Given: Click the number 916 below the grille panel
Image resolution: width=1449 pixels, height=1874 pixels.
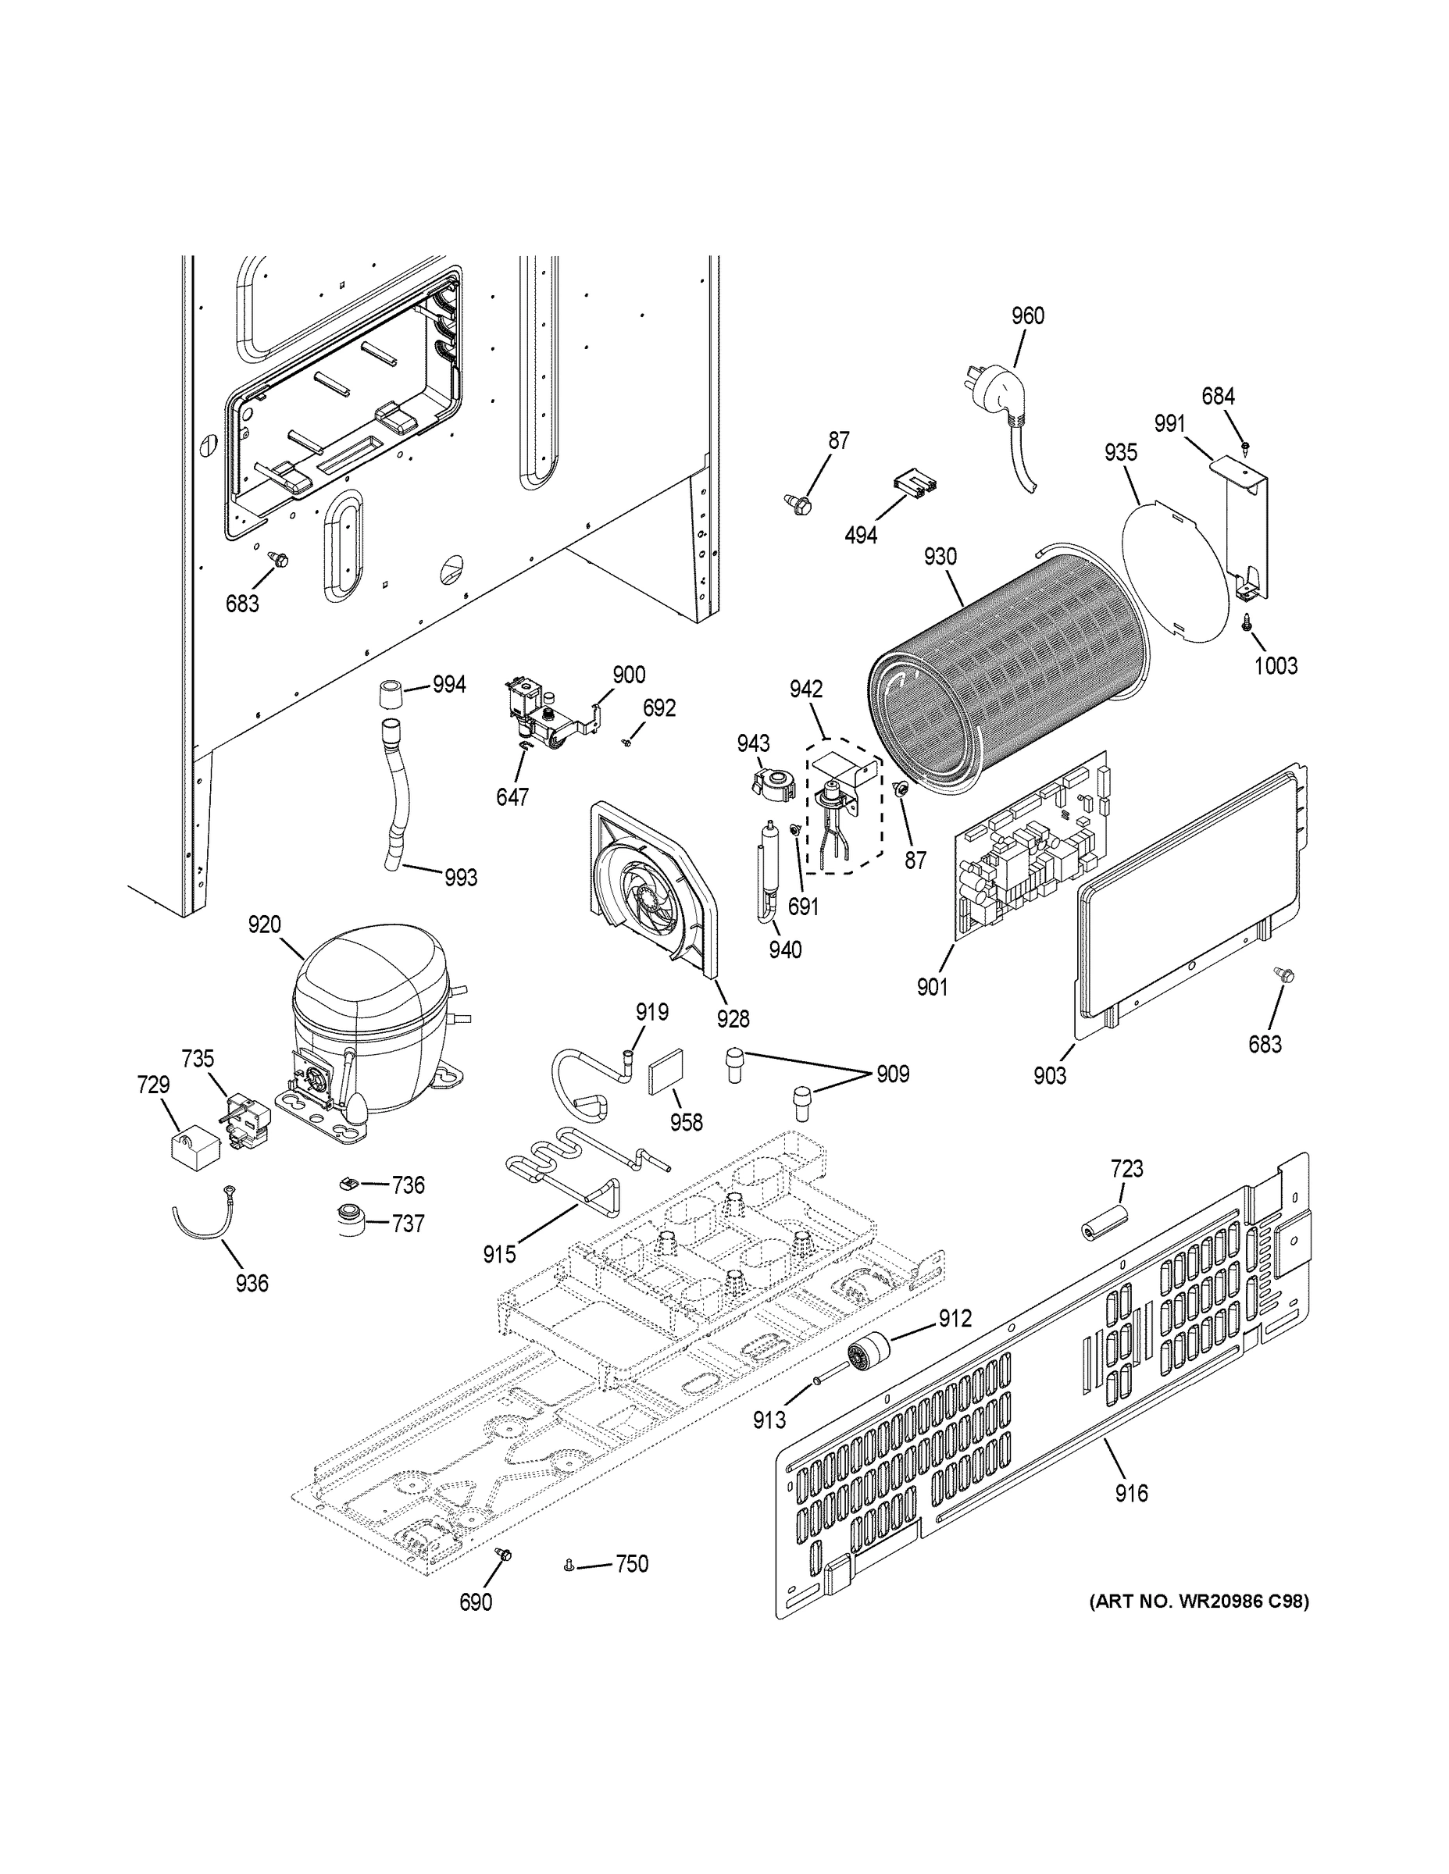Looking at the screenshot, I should click(1130, 1494).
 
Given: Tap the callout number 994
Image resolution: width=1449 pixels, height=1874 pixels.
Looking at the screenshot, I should click(449, 685).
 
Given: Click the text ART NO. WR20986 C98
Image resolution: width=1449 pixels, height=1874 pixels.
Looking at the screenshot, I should click(1198, 1600).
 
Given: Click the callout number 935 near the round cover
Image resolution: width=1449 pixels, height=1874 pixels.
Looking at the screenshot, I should click(1120, 452).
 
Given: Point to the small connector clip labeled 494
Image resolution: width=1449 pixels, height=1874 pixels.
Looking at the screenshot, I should click(915, 485).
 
